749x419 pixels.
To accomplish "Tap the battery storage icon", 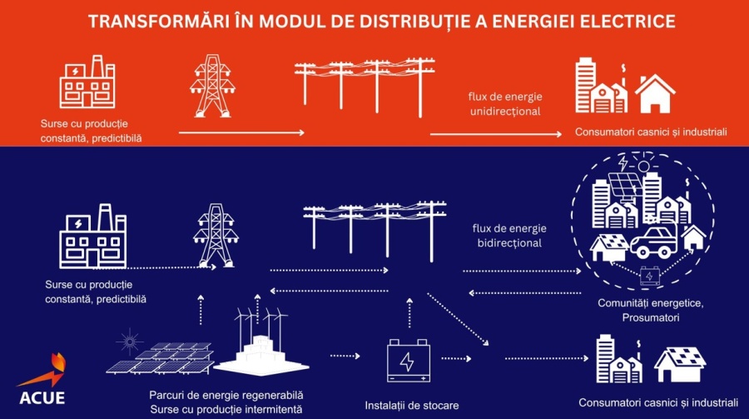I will point(408,361).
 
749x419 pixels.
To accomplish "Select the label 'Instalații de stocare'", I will point(408,406).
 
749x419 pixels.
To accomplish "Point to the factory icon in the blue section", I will point(92,237).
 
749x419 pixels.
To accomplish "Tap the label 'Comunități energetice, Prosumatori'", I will point(650,310).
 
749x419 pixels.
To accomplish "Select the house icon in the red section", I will point(655,92).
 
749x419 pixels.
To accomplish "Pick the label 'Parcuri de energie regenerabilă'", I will point(226,394).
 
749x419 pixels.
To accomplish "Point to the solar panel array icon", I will point(160,358).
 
